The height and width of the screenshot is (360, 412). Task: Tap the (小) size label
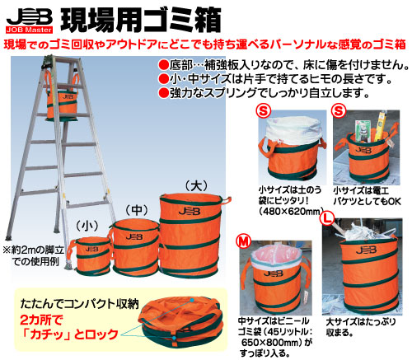coord(87,224)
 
